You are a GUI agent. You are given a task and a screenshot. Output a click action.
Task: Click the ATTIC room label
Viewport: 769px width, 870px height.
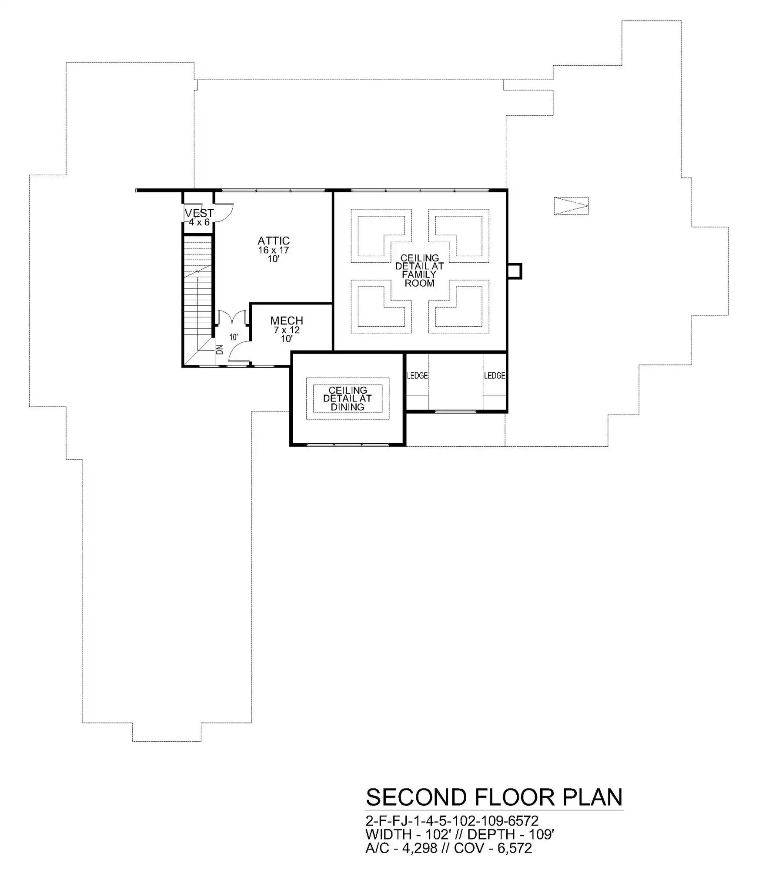tap(273, 241)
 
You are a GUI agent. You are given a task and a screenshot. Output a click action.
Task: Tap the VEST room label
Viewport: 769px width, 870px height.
tap(199, 213)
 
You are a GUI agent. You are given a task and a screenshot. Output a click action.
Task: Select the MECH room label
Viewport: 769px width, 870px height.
tap(287, 321)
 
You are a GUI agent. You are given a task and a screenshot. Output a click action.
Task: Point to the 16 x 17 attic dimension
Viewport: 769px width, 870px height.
tap(273, 250)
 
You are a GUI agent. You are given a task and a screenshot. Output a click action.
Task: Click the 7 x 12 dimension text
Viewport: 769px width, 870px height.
tap(287, 330)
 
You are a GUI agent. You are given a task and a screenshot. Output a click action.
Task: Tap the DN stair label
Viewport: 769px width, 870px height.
tap(220, 349)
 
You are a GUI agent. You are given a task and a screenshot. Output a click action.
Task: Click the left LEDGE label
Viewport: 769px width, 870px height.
tap(417, 375)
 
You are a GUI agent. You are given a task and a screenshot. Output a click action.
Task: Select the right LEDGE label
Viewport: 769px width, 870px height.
tap(495, 375)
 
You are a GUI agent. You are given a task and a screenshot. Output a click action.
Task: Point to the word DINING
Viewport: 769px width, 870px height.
tap(348, 407)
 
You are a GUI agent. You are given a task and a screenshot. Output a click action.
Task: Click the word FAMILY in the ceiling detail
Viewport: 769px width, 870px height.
tap(419, 274)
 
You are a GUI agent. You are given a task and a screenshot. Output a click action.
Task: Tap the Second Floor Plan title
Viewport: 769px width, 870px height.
tap(494, 797)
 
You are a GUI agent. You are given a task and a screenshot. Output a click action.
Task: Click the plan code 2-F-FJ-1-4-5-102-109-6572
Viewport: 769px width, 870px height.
tap(452, 820)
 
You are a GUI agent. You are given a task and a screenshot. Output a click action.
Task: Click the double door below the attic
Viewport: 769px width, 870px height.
tap(233, 317)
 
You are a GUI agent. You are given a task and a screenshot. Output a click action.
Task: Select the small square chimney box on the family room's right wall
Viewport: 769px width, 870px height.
tap(515, 271)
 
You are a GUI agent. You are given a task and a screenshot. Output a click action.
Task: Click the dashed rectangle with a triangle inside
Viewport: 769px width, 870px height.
tap(571, 206)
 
